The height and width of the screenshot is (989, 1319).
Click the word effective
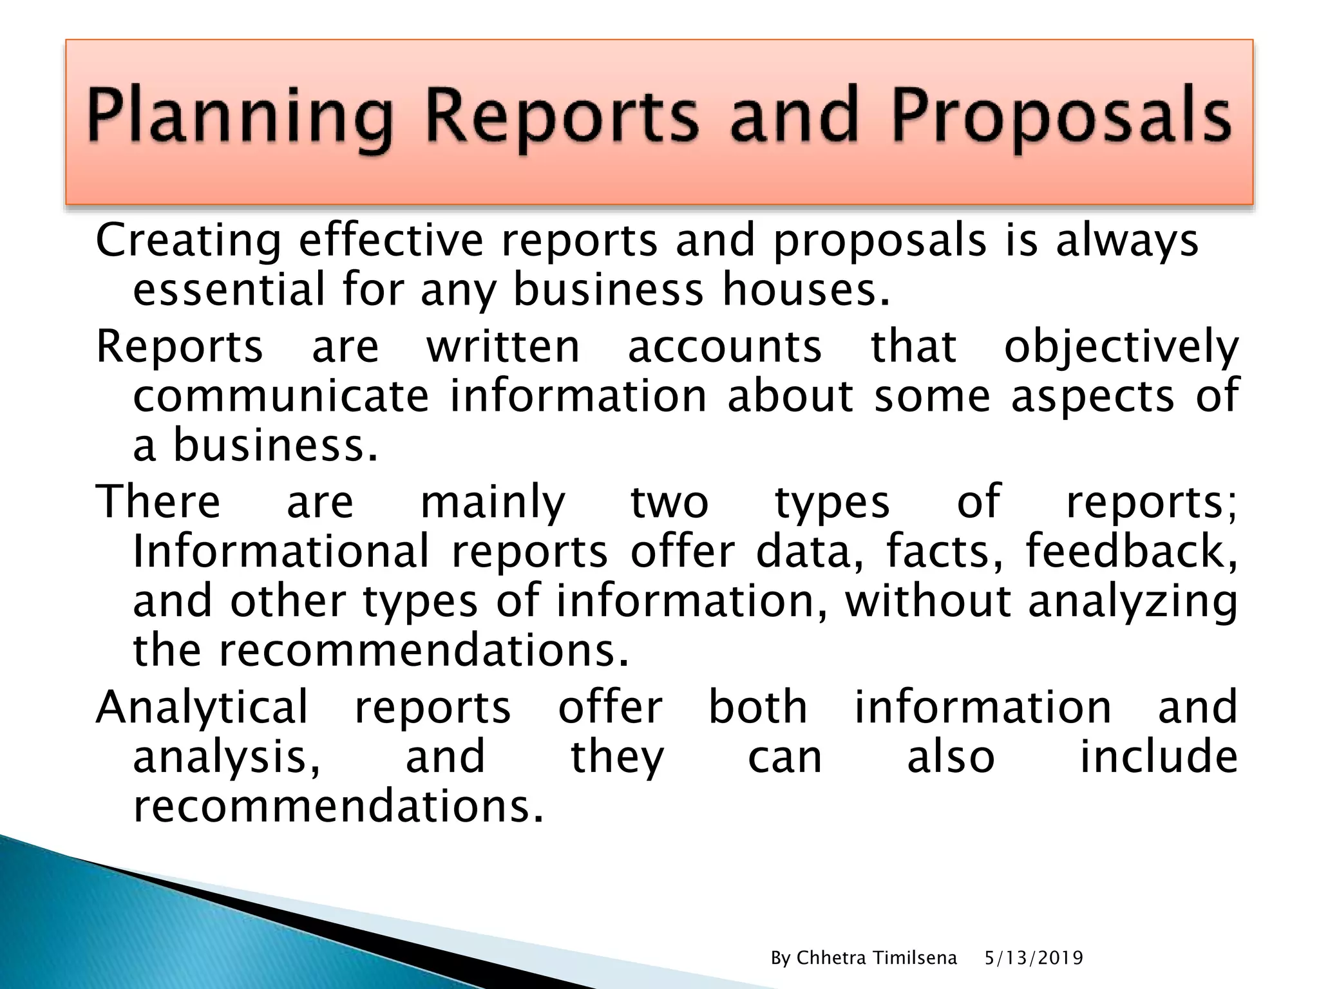coord(391,240)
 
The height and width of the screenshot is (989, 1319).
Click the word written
coord(503,346)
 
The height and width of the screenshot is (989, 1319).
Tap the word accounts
coord(725,346)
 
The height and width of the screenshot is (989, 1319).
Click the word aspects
coord(1092,397)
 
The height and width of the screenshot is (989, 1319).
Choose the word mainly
coord(493,503)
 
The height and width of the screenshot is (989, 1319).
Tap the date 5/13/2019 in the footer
coord(1034,958)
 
